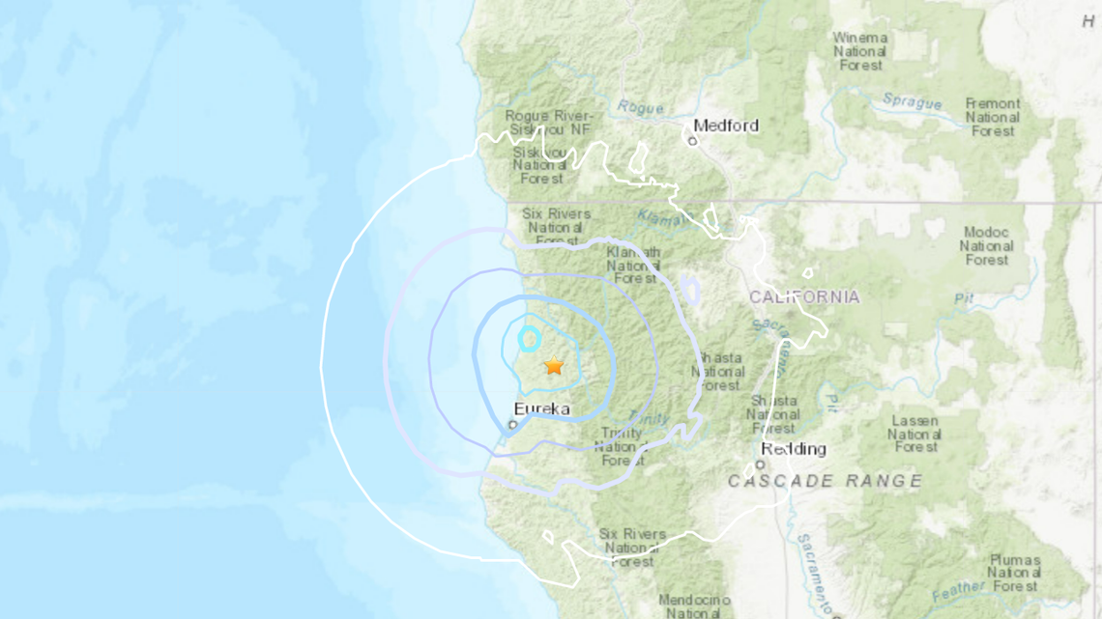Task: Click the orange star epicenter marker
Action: click(x=554, y=366)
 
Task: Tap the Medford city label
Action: click(x=726, y=126)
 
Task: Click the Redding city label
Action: click(x=793, y=448)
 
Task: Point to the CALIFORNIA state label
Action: click(x=804, y=296)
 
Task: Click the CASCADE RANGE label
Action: click(x=825, y=480)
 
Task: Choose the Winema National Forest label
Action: click(x=859, y=51)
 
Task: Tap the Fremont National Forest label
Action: click(x=992, y=117)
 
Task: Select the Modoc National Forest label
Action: click(x=986, y=245)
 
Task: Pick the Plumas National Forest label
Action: click(x=1015, y=573)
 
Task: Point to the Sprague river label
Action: click(x=912, y=101)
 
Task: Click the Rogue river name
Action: click(x=640, y=107)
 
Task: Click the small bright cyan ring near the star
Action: click(x=529, y=338)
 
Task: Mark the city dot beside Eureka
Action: click(x=513, y=423)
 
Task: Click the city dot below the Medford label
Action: click(x=692, y=141)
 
